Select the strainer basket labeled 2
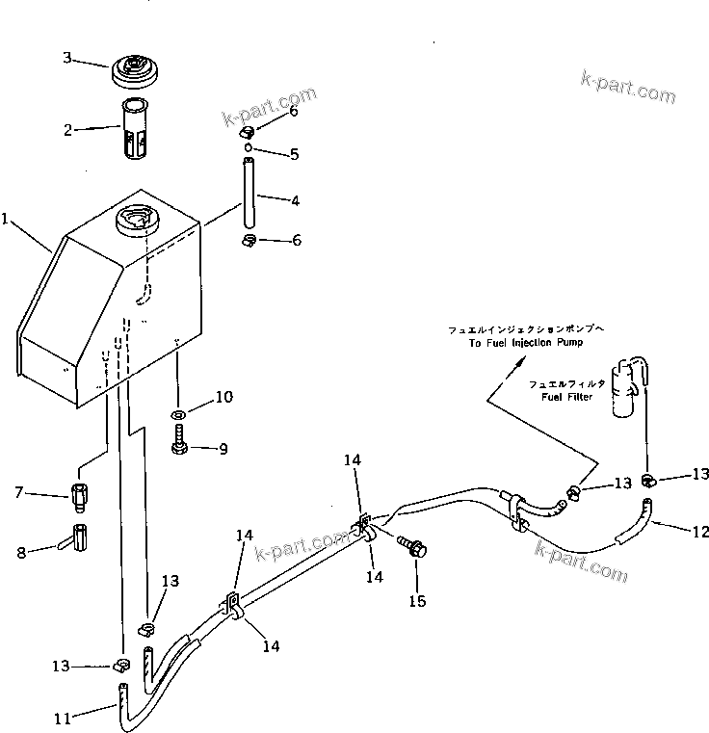pyautogui.click(x=136, y=129)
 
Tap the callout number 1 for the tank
pyautogui.click(x=6, y=220)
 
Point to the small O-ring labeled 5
pyautogui.click(x=249, y=148)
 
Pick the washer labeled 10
pyautogui.click(x=179, y=415)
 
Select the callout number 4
pyautogui.click(x=295, y=200)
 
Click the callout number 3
pyautogui.click(x=67, y=58)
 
